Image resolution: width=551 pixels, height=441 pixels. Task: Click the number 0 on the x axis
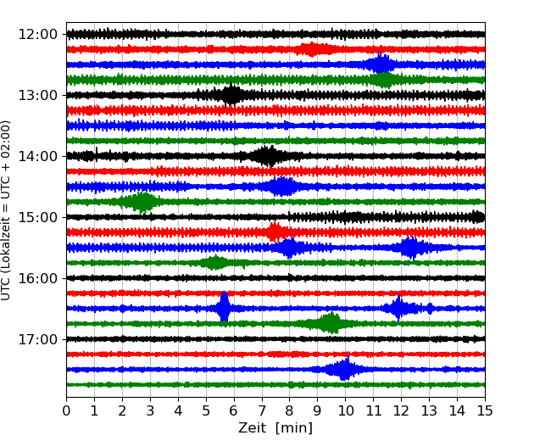tap(67, 412)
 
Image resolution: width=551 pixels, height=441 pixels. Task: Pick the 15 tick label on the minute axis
tap(485, 412)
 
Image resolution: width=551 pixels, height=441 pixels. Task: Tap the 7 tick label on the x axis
tap(262, 412)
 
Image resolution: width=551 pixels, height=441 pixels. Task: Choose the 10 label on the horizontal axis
tap(345, 412)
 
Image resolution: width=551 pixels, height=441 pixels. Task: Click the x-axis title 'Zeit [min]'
tap(275, 428)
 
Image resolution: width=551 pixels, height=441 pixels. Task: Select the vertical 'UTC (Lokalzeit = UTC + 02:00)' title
tap(7, 210)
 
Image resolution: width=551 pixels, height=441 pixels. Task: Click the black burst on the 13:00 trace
tap(231, 95)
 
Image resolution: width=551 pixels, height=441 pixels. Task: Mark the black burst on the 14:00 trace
tap(268, 156)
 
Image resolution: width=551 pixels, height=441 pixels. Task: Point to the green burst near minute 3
tap(142, 202)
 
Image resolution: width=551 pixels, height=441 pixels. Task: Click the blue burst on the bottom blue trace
tap(343, 370)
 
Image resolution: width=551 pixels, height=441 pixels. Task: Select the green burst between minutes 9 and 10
tap(330, 323)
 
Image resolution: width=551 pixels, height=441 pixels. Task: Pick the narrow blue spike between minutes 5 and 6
tap(224, 308)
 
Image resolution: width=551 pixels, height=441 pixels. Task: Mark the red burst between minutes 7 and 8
tap(275, 232)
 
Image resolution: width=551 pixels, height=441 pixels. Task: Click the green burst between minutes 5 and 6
tap(215, 263)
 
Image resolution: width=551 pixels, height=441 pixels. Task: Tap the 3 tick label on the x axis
tap(150, 412)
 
